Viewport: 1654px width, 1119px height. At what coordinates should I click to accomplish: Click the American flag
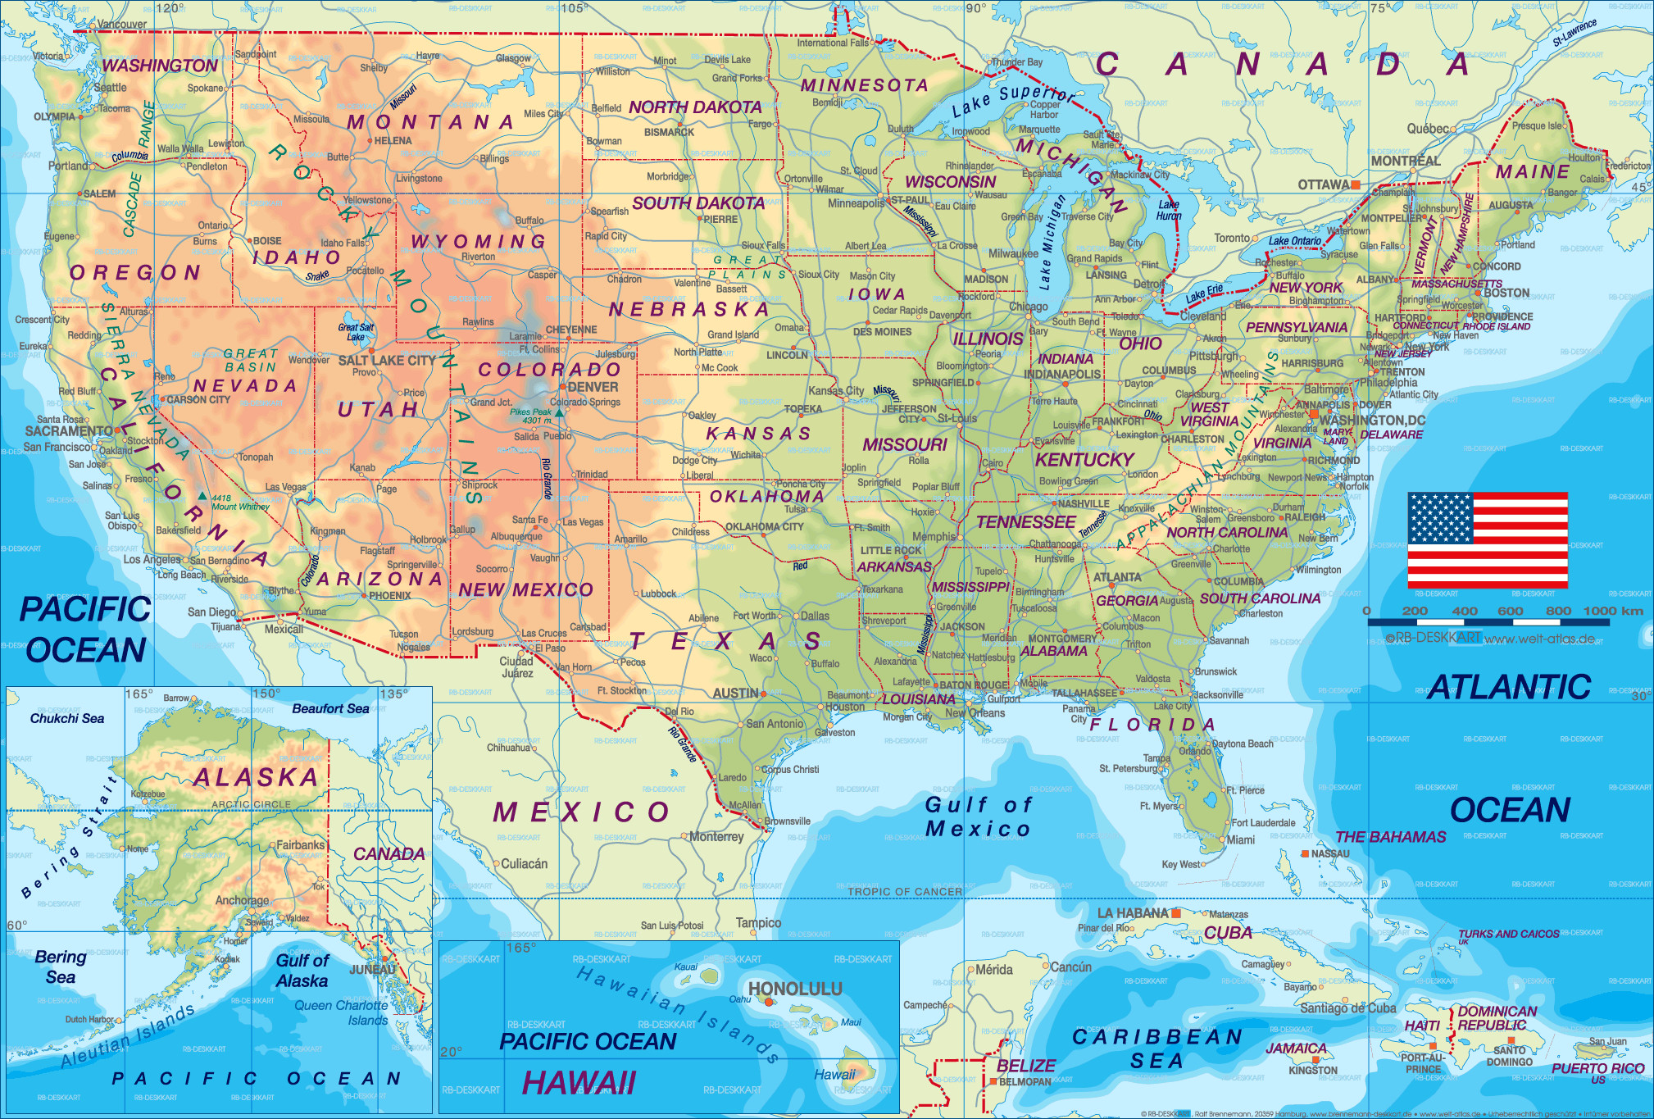point(1487,539)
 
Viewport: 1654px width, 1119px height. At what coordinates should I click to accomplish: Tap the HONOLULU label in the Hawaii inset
point(794,989)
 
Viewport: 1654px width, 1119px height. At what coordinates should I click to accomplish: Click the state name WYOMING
point(478,241)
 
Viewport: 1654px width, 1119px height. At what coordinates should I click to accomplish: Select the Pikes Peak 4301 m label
point(530,416)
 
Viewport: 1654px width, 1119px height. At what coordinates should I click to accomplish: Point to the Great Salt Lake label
point(356,332)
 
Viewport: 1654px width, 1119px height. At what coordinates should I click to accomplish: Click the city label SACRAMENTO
point(69,431)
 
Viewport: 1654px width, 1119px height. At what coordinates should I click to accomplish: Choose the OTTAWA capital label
point(1323,184)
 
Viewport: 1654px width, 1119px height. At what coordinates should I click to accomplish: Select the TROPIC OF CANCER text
point(904,891)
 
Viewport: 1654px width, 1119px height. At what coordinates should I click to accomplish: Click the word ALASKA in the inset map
point(256,777)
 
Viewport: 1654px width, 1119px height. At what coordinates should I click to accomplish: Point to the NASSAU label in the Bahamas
point(1329,853)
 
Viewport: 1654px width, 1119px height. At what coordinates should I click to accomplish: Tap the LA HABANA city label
point(1133,913)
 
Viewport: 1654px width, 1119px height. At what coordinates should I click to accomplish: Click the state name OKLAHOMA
point(766,496)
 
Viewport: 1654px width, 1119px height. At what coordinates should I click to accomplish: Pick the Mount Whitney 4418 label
point(239,503)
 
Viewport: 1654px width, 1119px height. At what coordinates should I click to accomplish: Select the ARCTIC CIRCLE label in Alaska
point(251,804)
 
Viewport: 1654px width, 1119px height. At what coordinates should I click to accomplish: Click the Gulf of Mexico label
point(977,817)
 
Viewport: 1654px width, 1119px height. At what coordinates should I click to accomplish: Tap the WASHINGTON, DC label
point(1371,420)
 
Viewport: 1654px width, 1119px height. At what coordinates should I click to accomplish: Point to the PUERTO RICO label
point(1597,1068)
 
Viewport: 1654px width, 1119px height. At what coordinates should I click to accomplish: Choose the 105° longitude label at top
point(573,8)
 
